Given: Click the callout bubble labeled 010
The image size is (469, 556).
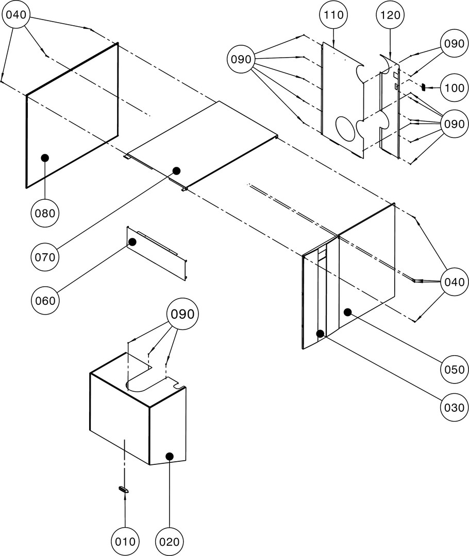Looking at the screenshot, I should [125, 542].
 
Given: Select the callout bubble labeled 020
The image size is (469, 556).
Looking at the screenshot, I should [170, 542].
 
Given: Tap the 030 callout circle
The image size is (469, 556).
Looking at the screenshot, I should [454, 407].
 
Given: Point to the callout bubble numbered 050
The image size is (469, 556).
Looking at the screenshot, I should [454, 369].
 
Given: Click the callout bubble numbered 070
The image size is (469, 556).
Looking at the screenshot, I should [45, 256].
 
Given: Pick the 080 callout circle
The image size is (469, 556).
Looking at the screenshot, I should [45, 212].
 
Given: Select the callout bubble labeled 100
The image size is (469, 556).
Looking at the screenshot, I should [454, 88].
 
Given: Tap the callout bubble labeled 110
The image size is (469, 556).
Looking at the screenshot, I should [333, 15].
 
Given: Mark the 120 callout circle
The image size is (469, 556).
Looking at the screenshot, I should [390, 15].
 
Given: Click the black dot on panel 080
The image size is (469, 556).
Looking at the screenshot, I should [45, 158].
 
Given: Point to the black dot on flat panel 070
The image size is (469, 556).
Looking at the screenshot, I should [176, 170].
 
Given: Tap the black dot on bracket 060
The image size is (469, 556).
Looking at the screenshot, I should [132, 241].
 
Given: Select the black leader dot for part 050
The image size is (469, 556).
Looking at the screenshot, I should [348, 311].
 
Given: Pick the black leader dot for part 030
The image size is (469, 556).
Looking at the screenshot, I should [320, 334].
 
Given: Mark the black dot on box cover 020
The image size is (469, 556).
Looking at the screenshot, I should [169, 456].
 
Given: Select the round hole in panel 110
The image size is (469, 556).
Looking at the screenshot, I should [346, 127].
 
